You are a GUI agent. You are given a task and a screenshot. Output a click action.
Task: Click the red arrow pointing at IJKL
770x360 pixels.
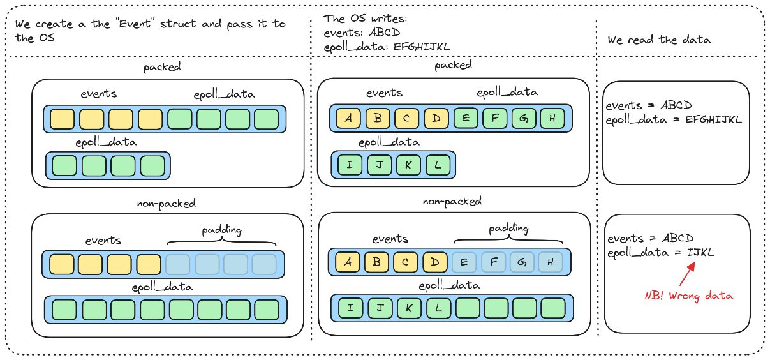pos(687,274)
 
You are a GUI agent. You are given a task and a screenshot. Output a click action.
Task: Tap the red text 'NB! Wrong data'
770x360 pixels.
pos(688,296)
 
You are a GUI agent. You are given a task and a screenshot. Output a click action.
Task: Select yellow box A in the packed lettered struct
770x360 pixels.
pos(348,118)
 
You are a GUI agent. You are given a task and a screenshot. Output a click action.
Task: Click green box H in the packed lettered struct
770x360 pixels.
pos(552,118)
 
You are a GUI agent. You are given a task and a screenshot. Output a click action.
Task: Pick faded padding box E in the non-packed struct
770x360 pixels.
pos(464,262)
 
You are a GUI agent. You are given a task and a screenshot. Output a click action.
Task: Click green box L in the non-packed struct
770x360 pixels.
pos(438,308)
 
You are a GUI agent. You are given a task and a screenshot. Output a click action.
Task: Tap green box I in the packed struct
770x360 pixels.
pos(350,165)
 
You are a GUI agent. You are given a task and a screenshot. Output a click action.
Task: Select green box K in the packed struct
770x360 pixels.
pos(408,165)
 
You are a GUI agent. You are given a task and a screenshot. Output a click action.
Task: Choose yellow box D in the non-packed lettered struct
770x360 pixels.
pos(435,262)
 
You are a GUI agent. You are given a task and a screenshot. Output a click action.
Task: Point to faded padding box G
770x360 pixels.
pos(522,262)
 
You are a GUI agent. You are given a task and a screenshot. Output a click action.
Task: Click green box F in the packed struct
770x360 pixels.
pos(494,118)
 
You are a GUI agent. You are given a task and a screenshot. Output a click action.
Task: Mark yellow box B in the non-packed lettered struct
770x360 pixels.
pos(376,262)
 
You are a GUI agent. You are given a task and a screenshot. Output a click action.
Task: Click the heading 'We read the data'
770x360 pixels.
pos(658,40)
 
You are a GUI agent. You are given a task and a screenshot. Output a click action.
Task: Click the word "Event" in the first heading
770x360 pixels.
pos(135,24)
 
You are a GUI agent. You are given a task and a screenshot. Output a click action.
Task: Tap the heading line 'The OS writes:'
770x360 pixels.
pos(365,19)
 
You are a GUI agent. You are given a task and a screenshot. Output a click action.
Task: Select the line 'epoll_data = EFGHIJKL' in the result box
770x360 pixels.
pos(674,119)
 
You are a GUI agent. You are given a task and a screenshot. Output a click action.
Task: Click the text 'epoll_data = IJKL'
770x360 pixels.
pos(661,253)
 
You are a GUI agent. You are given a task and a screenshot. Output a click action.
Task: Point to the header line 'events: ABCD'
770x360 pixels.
pos(362,33)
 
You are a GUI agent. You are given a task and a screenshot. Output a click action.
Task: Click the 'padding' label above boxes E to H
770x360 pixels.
pos(508,229)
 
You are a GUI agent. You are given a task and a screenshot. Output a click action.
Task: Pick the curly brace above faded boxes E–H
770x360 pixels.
pos(508,239)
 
